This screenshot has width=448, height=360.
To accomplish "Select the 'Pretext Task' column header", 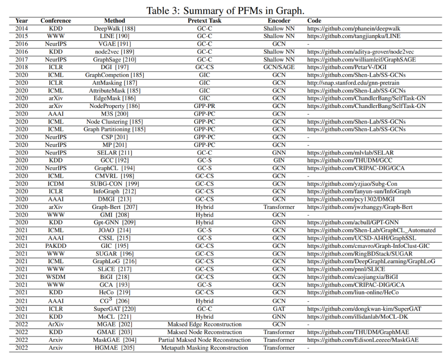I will click(x=205, y=21).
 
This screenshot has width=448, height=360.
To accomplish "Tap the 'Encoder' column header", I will click(x=279, y=21).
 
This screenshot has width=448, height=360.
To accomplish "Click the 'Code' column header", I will click(x=314, y=21).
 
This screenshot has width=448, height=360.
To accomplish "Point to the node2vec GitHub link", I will click(x=360, y=52).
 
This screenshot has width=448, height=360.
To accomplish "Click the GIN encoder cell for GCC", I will click(x=279, y=160).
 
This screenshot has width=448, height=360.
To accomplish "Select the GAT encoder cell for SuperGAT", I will click(x=279, y=309).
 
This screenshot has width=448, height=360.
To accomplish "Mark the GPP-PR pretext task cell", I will click(x=205, y=106).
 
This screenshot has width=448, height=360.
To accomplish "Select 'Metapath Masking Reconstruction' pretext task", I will click(x=205, y=348).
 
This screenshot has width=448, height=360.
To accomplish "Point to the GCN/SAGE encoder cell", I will click(x=279, y=67).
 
